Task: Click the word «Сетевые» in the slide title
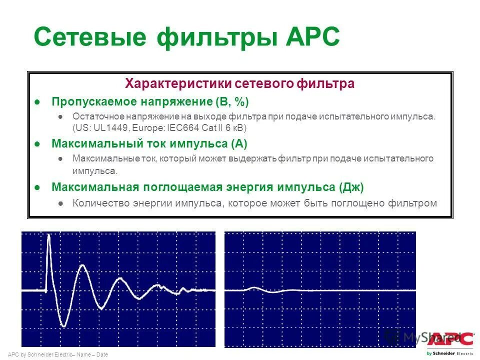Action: click(90, 37)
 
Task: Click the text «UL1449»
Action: click(106, 128)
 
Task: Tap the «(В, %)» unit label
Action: click(231, 102)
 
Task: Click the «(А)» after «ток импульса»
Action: click(239, 144)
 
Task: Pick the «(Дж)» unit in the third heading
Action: click(351, 187)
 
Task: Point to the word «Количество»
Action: click(98, 203)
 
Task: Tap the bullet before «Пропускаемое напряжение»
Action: click(37, 102)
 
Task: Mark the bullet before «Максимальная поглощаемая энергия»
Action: click(37, 187)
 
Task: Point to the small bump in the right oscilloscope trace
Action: click(254, 288)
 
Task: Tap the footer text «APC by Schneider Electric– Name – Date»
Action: click(58, 354)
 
